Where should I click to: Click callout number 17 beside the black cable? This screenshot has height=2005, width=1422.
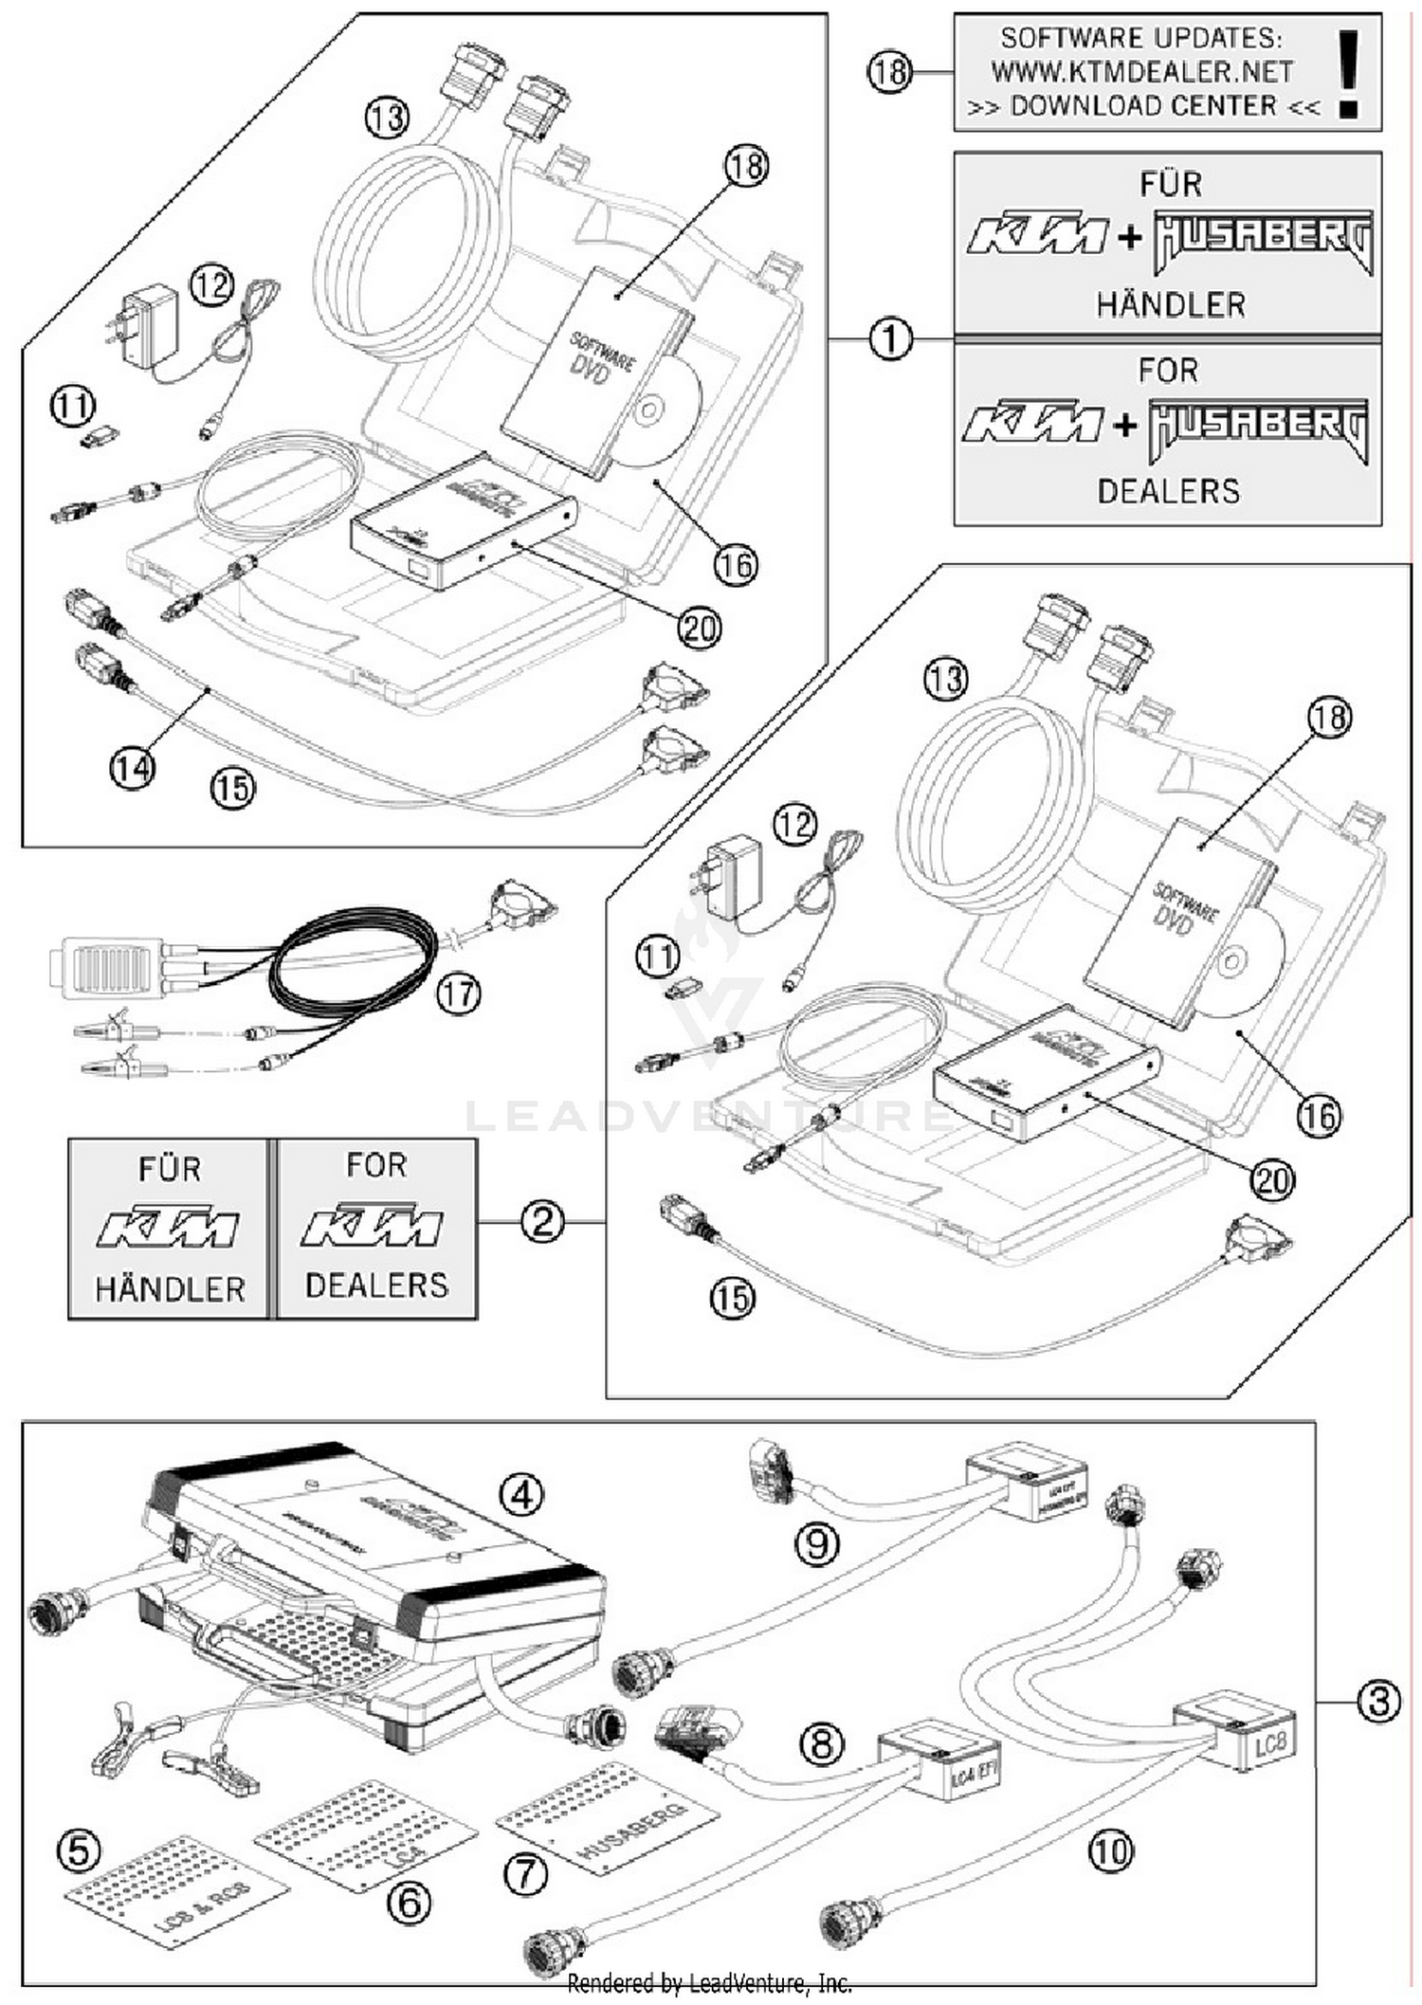point(459,994)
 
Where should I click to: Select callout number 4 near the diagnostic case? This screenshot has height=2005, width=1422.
point(521,1496)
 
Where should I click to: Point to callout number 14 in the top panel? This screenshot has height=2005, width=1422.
point(132,767)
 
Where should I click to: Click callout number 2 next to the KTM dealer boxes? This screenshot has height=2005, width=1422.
point(542,1222)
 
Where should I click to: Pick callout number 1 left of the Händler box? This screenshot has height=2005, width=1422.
point(890,339)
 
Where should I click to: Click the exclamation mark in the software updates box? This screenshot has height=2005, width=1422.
point(1349,73)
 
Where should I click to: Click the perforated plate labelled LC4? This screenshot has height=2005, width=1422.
point(365,1834)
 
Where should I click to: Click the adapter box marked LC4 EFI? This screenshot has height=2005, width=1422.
point(941,1761)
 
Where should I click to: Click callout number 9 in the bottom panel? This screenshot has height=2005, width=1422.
point(817,1544)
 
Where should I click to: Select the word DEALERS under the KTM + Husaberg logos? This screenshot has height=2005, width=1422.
point(1168,491)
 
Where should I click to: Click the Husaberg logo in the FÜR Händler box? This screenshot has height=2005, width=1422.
point(1263,241)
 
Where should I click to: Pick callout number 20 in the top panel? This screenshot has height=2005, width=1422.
point(700,628)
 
